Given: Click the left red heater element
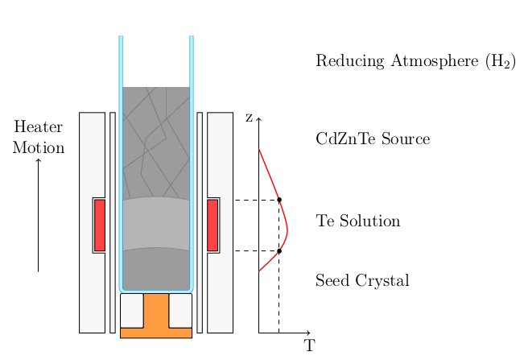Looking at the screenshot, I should pyautogui.click(x=100, y=225).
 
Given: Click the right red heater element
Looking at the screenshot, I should pyautogui.click(x=212, y=225).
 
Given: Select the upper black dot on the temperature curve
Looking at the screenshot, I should pyautogui.click(x=279, y=200).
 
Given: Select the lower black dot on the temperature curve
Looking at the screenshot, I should pyautogui.click(x=279, y=251).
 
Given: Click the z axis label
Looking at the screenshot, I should pyautogui.click(x=249, y=118).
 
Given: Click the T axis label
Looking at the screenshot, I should pyautogui.click(x=310, y=346).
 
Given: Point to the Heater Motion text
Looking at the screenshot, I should pyautogui.click(x=38, y=137).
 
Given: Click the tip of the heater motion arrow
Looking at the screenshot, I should pyautogui.click(x=38, y=159).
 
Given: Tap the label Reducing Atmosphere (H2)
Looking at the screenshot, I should pyautogui.click(x=415, y=62).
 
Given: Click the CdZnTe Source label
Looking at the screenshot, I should pyautogui.click(x=373, y=139).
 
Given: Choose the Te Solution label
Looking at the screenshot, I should pyautogui.click(x=358, y=221).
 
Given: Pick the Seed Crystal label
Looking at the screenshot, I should pyautogui.click(x=362, y=281).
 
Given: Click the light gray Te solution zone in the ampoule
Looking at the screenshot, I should pyautogui.click(x=156, y=224).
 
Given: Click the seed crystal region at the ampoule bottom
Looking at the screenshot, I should pyautogui.click(x=156, y=268).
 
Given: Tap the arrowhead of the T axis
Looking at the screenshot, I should pyautogui.click(x=308, y=333).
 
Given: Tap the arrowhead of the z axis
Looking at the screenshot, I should pyautogui.click(x=258, y=119).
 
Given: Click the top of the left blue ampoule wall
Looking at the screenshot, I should pyautogui.click(x=121, y=37).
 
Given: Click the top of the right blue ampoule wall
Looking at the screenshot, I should pyautogui.click(x=192, y=37).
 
